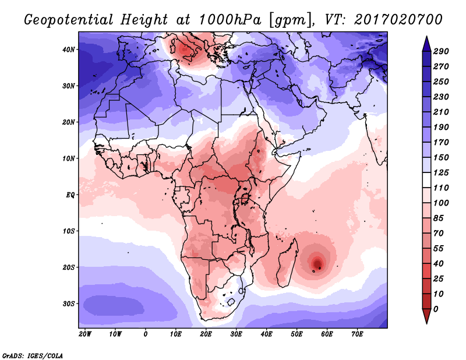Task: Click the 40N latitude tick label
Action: [69, 50]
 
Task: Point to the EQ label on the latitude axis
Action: [70, 195]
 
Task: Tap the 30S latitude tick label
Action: [69, 304]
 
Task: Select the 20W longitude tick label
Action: [85, 334]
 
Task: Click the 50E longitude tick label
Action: [296, 334]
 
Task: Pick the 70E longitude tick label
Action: [357, 334]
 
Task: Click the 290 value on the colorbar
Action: [441, 51]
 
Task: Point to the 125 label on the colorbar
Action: [441, 172]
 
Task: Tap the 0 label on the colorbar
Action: [436, 309]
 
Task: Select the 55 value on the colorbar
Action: [439, 249]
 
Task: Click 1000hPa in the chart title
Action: [230, 20]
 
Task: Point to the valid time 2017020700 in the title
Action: [398, 20]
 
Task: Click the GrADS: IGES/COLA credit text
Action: [33, 356]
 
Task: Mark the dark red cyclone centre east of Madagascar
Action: [317, 263]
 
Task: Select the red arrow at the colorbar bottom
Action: [426, 316]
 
